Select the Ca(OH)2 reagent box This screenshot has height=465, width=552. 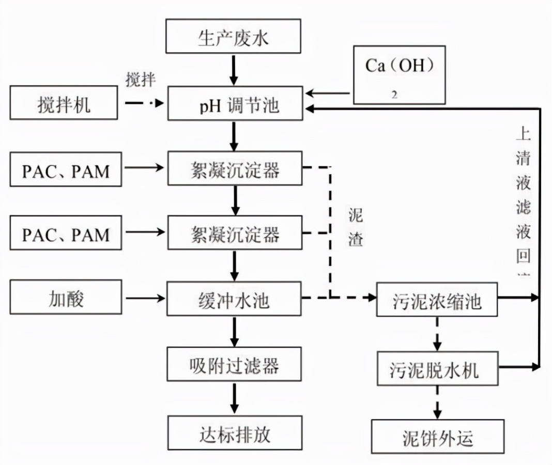click(x=398, y=74)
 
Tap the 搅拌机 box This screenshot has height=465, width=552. click(x=65, y=105)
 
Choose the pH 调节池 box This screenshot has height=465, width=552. click(x=234, y=105)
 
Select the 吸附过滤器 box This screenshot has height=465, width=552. click(x=234, y=366)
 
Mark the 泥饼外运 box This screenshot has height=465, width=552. click(x=437, y=438)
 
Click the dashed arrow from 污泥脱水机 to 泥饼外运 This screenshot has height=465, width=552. click(x=437, y=402)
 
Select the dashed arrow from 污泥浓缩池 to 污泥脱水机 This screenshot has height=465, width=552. click(x=437, y=334)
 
